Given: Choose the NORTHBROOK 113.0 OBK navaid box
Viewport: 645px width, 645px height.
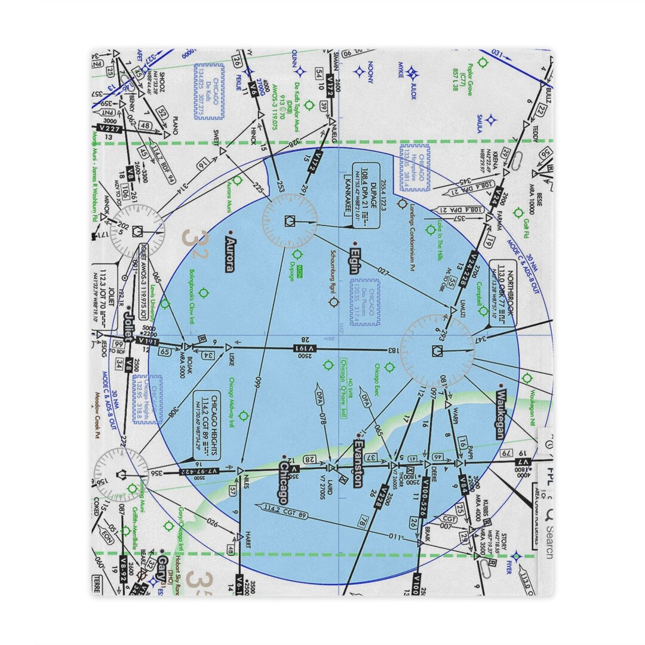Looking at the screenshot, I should tap(502, 293).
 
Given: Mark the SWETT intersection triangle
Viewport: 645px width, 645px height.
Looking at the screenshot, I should tap(223, 151).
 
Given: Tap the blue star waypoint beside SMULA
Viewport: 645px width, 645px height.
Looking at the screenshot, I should tap(491, 119).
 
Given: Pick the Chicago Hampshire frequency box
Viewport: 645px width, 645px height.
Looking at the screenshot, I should tap(415, 167).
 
